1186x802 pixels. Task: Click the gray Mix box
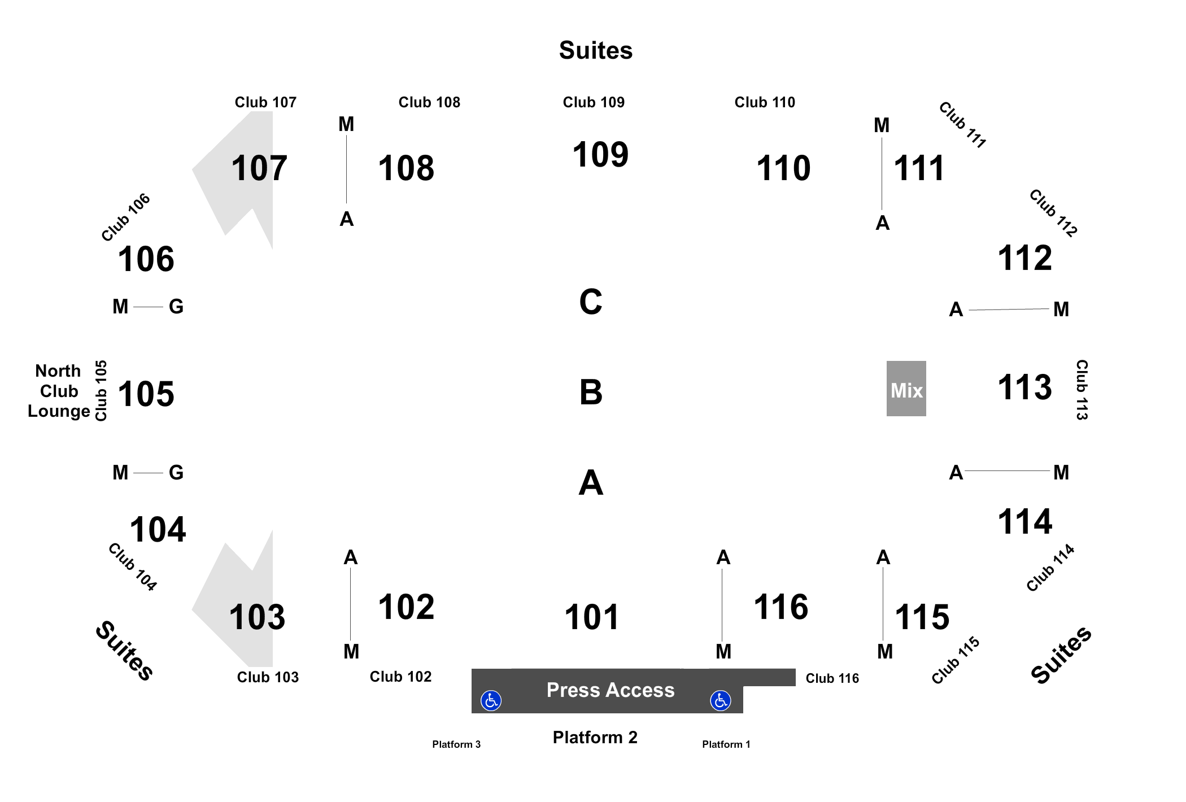[x=906, y=389]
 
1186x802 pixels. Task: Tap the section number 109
[x=600, y=154]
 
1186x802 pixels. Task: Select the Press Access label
[x=611, y=690]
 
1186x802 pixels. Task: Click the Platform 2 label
[x=595, y=737]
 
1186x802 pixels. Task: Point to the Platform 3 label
[x=456, y=744]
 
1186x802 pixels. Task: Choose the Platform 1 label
[x=726, y=744]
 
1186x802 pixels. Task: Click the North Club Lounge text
[x=59, y=391]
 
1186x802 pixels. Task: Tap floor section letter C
[x=591, y=302]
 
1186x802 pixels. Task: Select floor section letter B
[x=591, y=392]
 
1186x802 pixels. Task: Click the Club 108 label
[x=429, y=102]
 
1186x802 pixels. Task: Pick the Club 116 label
[x=832, y=678]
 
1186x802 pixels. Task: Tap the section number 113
[x=1025, y=387]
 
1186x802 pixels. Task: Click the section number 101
[x=591, y=617]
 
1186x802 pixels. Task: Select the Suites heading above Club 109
[x=596, y=50]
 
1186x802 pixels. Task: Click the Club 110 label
[x=765, y=102]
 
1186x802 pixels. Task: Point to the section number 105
[x=146, y=394]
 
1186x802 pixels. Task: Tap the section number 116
[x=781, y=607]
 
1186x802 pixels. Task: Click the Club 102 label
[x=400, y=677]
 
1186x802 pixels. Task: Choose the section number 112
[x=1025, y=258]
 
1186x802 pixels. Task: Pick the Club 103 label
[x=268, y=677]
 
